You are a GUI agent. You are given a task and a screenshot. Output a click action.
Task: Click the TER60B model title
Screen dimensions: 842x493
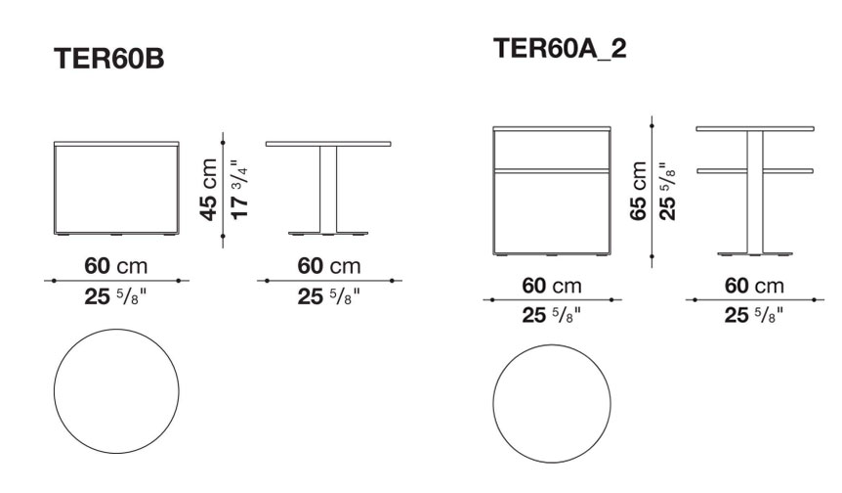coord(109,58)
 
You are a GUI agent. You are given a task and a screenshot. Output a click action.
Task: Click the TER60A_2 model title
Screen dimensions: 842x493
coord(560,48)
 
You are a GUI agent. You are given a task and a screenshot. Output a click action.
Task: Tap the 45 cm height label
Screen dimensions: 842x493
coord(209,190)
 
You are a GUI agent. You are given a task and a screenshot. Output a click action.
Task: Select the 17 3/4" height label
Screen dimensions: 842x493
coord(239,189)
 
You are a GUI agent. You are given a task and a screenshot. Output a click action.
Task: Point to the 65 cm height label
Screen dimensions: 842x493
coord(639,191)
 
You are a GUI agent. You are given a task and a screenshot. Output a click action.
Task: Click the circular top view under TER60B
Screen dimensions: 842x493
coord(116,330)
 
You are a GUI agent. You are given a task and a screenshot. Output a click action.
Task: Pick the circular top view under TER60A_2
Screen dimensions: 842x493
coord(552,345)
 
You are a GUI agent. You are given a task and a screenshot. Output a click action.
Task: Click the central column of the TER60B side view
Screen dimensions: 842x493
coord(328,190)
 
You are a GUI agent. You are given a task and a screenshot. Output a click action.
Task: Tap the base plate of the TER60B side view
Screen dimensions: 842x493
coord(328,235)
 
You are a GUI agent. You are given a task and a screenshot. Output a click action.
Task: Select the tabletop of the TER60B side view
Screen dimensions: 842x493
coord(328,144)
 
